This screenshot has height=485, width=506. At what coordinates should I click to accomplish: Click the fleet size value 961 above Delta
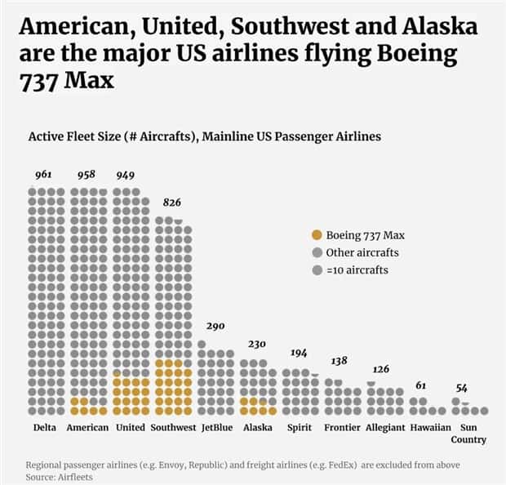pyautogui.click(x=44, y=176)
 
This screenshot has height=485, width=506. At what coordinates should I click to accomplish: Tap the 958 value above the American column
pyautogui.click(x=87, y=176)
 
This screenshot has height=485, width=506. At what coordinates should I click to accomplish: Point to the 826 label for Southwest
pyautogui.click(x=172, y=202)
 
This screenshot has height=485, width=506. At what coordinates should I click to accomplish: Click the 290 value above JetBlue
pyautogui.click(x=215, y=325)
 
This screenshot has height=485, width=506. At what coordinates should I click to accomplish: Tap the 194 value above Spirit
pyautogui.click(x=300, y=353)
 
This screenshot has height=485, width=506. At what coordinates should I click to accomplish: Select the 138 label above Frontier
pyautogui.click(x=340, y=361)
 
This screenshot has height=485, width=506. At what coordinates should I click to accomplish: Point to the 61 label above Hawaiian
pyautogui.click(x=421, y=385)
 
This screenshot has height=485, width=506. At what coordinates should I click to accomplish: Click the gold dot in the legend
pyautogui.click(x=316, y=235)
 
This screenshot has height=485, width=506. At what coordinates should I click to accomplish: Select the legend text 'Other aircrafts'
pyautogui.click(x=362, y=252)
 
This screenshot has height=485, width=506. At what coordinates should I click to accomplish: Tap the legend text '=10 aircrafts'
pyautogui.click(x=357, y=269)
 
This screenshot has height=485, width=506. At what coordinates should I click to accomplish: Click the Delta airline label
pyautogui.click(x=45, y=428)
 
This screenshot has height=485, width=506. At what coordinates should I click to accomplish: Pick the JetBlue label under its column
pyautogui.click(x=215, y=428)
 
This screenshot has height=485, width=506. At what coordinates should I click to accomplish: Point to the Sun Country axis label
pyautogui.click(x=468, y=434)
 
